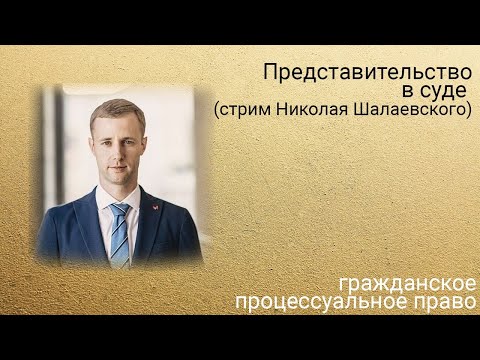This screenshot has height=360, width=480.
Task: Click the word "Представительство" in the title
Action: pos(367,72)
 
